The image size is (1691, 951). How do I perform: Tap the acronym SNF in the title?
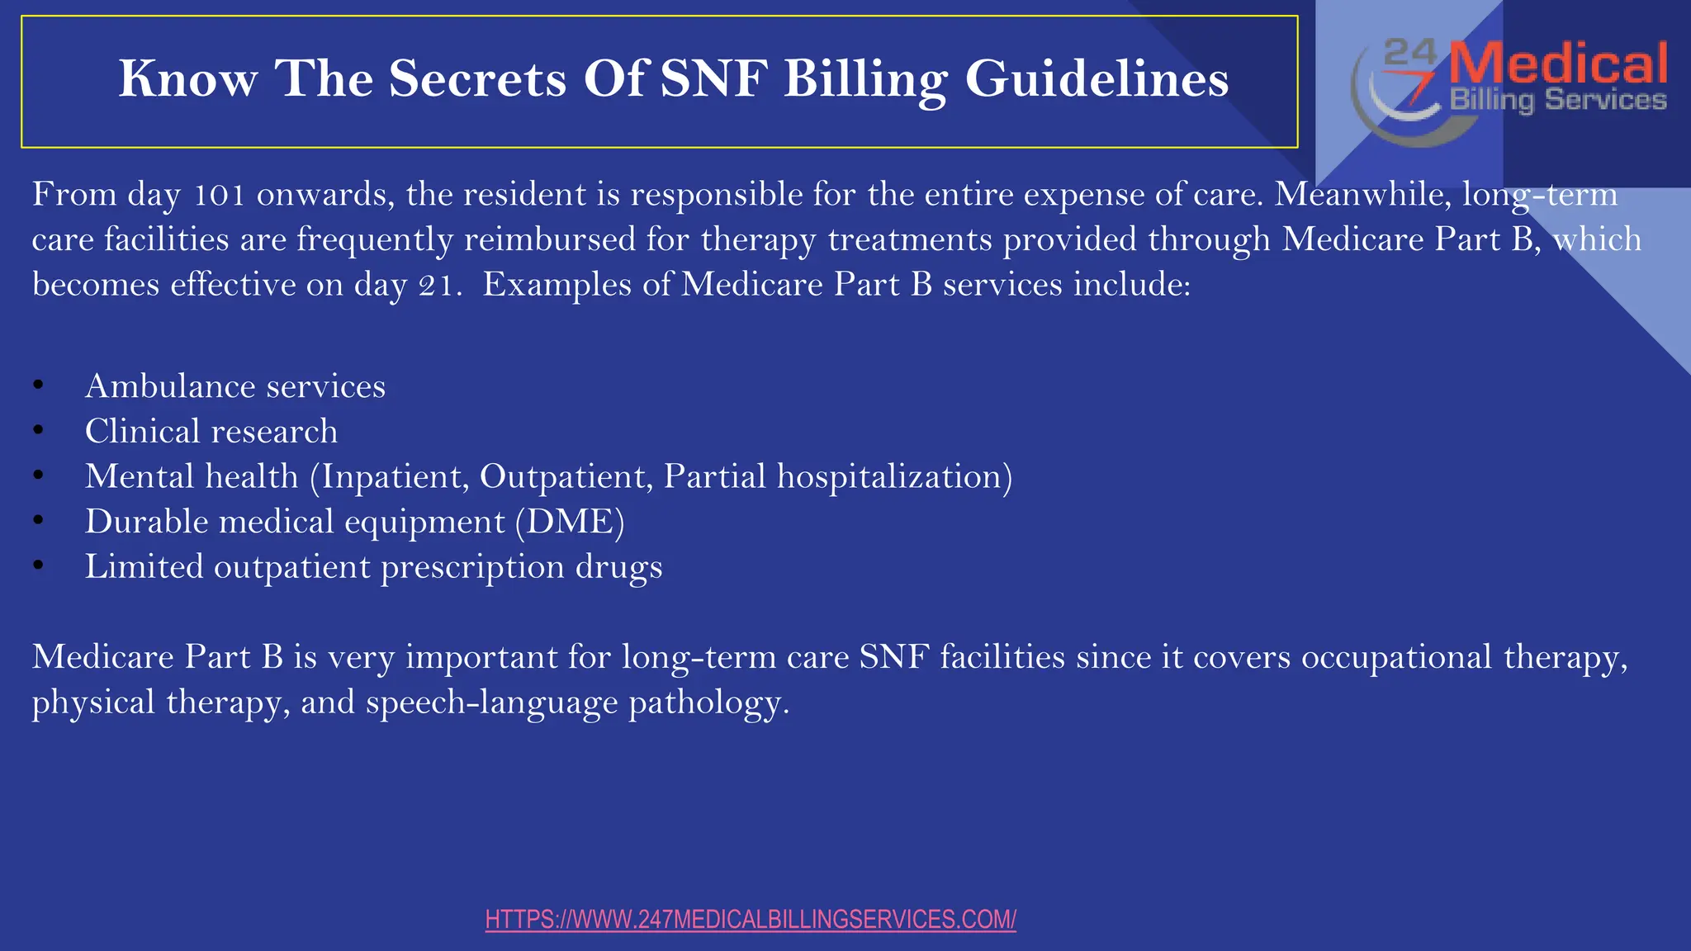(713, 79)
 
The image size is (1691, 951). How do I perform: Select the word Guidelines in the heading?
(1097, 79)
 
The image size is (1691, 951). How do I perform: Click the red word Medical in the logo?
(1558, 64)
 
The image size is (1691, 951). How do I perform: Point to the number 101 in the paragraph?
(220, 195)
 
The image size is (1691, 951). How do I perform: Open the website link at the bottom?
(751, 920)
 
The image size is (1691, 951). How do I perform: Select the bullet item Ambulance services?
(235, 386)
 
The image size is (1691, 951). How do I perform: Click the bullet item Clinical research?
(211, 432)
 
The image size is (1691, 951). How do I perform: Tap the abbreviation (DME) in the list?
(570, 522)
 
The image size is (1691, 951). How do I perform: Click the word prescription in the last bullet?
(472, 567)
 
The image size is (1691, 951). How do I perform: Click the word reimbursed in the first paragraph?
(550, 239)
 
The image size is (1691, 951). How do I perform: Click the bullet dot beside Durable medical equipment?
(38, 520)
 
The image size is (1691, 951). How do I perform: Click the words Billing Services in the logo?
(1558, 101)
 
